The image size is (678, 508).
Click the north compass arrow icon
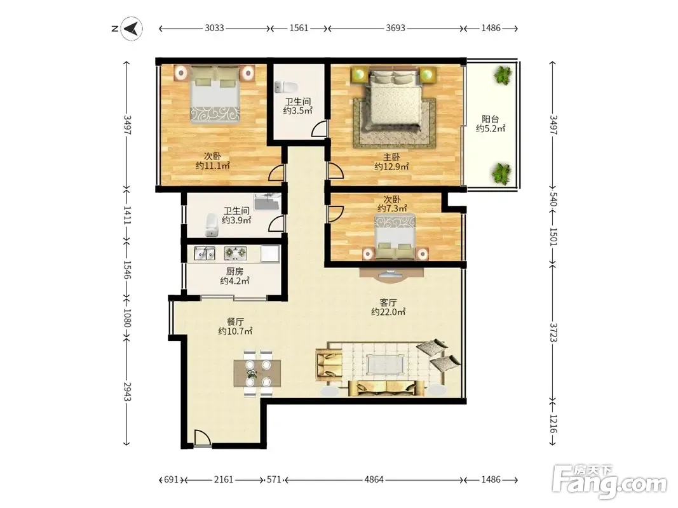click(x=132, y=29)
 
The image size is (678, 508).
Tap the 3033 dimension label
click(x=214, y=28)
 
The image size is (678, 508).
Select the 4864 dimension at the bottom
click(x=374, y=479)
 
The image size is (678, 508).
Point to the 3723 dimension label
click(x=553, y=332)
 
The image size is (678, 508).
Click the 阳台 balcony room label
click(x=491, y=119)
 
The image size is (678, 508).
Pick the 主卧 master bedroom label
click(x=391, y=157)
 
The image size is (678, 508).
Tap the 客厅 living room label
click(x=388, y=302)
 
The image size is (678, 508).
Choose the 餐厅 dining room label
click(x=235, y=322)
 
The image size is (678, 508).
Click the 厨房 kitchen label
click(x=234, y=271)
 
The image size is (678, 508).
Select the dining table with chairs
click(x=258, y=373)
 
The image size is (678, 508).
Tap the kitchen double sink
click(x=205, y=253)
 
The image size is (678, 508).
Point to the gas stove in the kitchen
click(x=235, y=253)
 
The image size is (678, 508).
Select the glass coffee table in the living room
click(x=386, y=365)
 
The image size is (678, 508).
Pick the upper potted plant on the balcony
click(x=503, y=75)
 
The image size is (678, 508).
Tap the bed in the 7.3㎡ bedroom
click(x=395, y=237)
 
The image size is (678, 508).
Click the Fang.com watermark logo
click(x=610, y=483)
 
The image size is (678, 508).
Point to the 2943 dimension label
click(x=126, y=392)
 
